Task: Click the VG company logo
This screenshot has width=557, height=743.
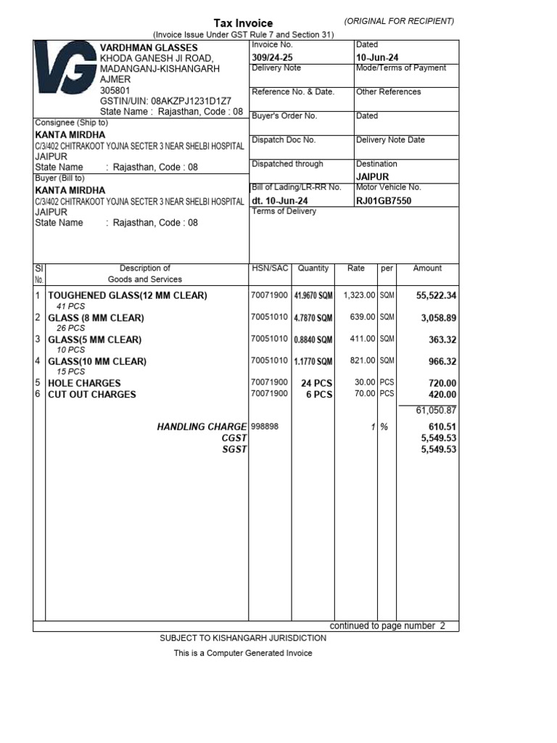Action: pos(65,75)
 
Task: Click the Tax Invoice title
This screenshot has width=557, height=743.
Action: pos(243,23)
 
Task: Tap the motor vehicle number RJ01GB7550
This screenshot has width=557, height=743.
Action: pos(384,201)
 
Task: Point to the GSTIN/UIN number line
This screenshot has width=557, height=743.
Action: pos(166,101)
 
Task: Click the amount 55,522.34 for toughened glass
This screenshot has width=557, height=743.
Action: pos(436,296)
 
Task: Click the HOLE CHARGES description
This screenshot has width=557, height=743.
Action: pos(84,383)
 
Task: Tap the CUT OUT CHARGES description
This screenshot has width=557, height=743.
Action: pos(91,395)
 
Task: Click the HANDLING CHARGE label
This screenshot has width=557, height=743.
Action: pos(202,427)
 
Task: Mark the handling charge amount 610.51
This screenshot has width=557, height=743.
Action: pos(442,427)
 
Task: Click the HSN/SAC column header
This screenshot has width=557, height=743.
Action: pos(270,268)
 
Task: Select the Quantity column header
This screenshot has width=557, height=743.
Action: pos(313,268)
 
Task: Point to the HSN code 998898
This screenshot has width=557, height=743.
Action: pos(265,427)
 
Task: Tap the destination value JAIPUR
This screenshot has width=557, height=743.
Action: pos(373,177)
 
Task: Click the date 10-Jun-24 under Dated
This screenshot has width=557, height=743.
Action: pos(377,57)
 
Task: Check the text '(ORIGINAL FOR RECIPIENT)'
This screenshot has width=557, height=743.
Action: pos(400,21)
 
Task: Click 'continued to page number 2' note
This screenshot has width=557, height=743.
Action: pos(387,625)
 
